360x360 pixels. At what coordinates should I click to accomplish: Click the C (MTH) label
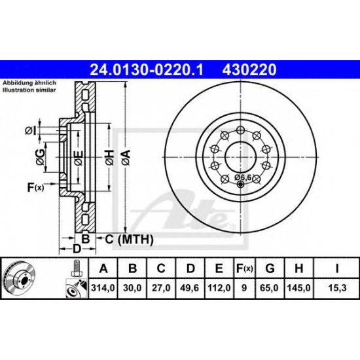124,240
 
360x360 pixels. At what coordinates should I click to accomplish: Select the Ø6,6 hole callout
243,177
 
